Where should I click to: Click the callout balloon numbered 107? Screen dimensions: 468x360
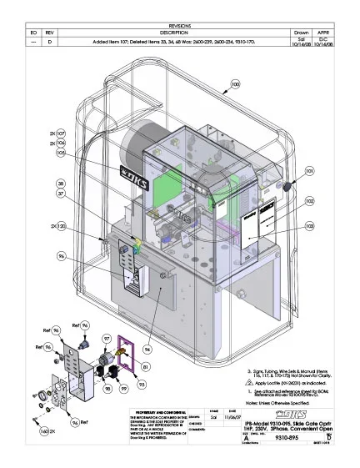pyautogui.click(x=61, y=133)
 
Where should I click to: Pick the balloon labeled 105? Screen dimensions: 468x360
pyautogui.click(x=61, y=153)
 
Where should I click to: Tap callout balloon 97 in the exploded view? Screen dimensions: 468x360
pyautogui.click(x=107, y=337)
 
